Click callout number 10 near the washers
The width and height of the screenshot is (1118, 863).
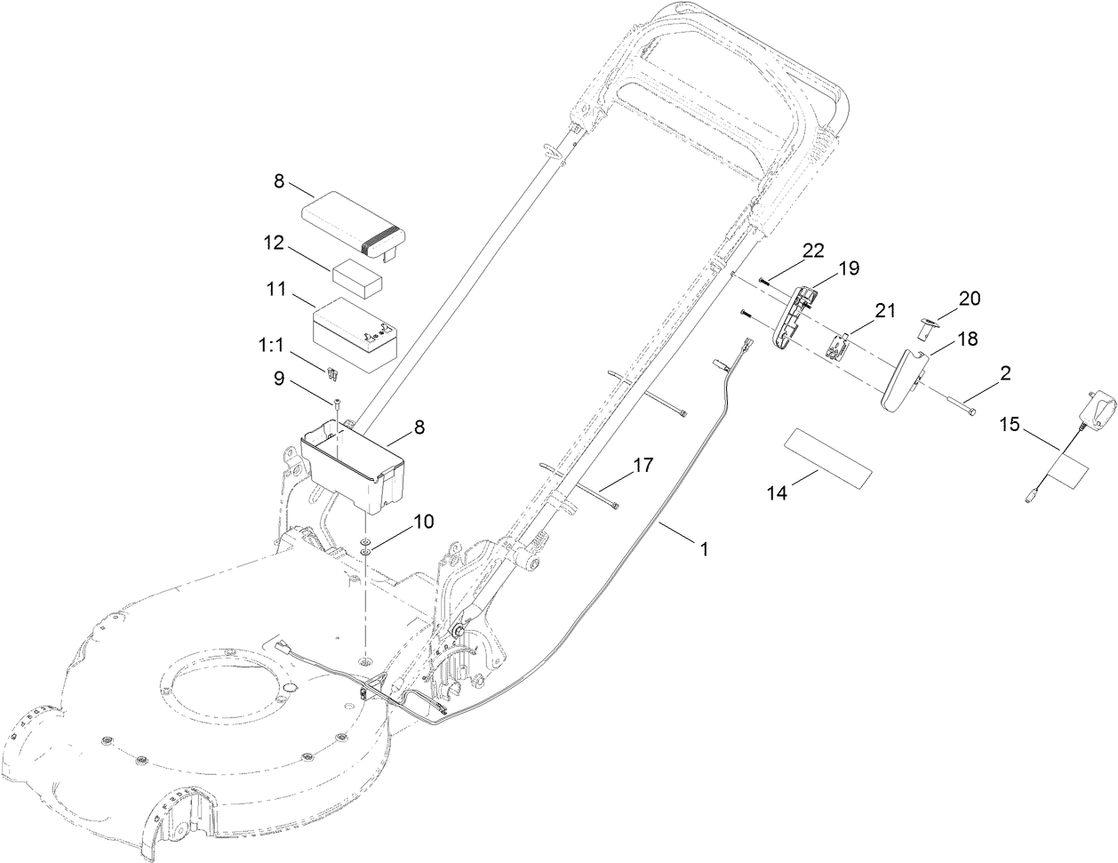[420, 522]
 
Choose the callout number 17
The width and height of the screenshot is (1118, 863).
[643, 464]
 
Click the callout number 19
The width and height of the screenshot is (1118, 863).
[849, 268]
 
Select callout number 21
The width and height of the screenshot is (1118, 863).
[885, 308]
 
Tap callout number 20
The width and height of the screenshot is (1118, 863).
[969, 299]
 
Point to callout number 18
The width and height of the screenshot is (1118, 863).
[967, 339]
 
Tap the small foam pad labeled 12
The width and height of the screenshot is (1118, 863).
[357, 279]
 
